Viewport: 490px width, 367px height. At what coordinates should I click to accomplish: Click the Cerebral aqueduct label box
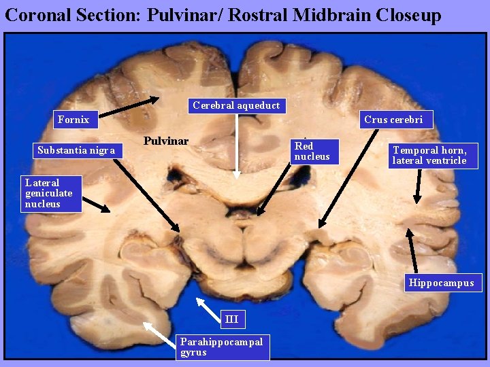[236, 105]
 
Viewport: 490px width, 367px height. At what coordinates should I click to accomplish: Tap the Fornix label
[74, 120]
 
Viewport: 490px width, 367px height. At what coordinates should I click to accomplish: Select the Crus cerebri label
[393, 120]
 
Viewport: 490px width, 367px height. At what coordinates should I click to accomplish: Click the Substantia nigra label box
[76, 150]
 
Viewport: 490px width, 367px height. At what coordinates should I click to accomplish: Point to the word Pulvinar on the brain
[166, 141]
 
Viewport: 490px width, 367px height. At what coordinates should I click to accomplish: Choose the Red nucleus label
[313, 152]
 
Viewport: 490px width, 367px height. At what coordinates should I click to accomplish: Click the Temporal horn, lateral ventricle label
[429, 156]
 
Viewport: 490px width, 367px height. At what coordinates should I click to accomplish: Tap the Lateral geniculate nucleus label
[50, 193]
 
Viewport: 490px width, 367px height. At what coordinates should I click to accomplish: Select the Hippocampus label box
[441, 283]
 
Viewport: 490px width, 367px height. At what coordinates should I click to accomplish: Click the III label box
[231, 319]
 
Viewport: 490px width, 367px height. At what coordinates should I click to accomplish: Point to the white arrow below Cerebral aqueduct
[237, 146]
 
